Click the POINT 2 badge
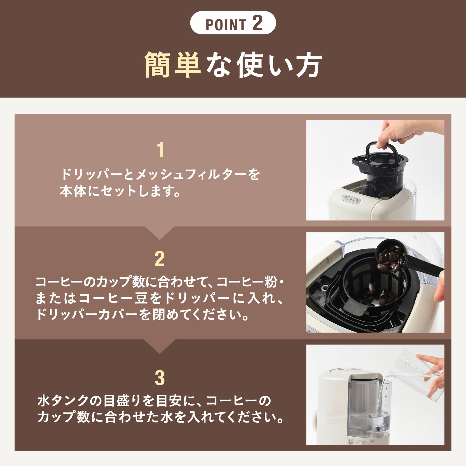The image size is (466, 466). click(233, 23)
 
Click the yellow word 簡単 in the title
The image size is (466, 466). click(172, 65)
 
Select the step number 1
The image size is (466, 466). click(160, 150)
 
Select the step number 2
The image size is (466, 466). click(160, 259)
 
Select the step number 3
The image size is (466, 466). click(160, 378)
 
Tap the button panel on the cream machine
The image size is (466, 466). click(351, 200)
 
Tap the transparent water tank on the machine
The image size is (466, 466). click(370, 408)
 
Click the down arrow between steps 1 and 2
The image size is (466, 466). click(159, 233)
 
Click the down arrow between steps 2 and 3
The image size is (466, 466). click(159, 346)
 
